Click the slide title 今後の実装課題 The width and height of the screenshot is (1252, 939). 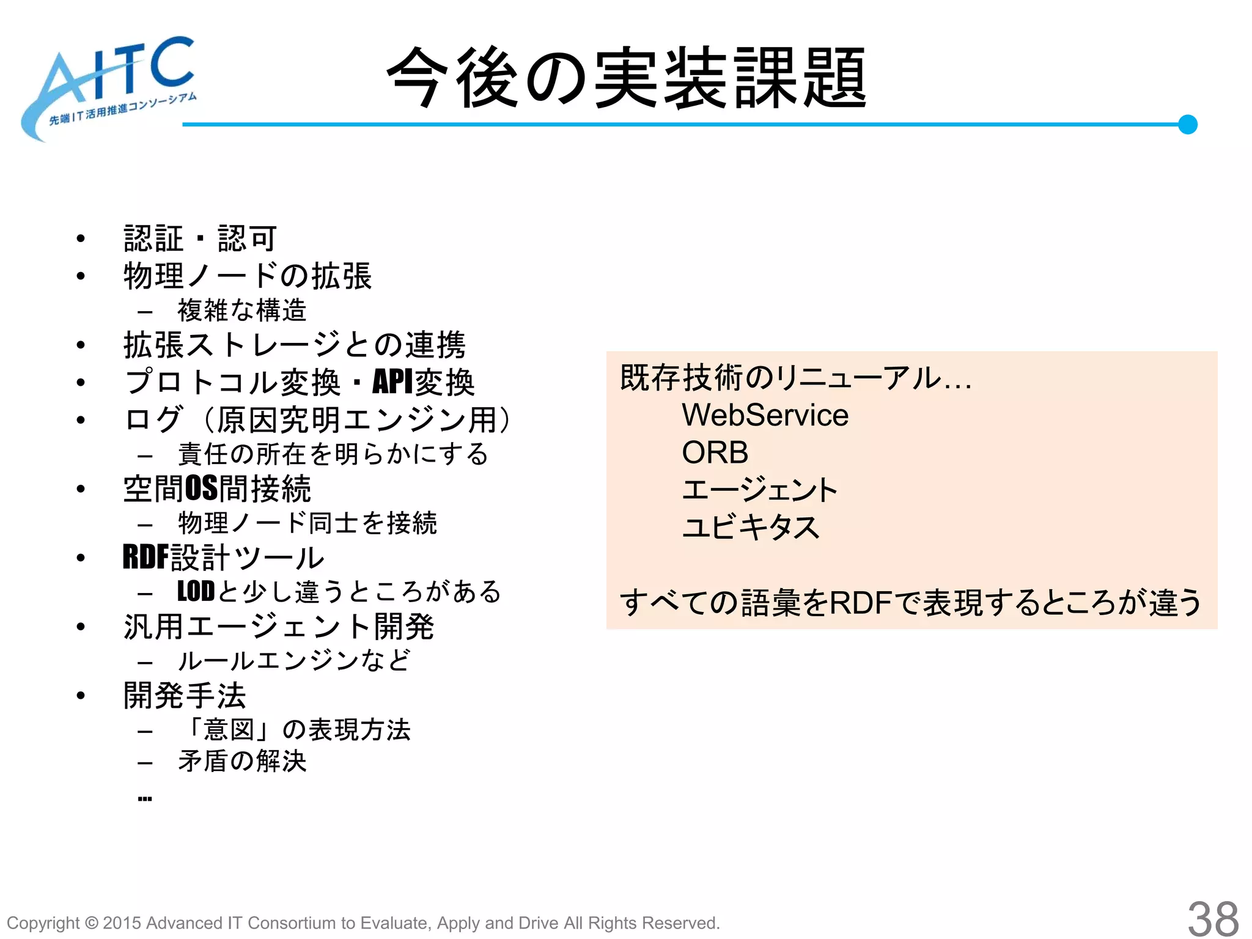tap(626, 78)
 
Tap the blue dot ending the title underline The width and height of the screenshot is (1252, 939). tap(1187, 125)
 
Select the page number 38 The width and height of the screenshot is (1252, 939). tap(1213, 918)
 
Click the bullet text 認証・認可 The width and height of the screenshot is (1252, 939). tap(200, 238)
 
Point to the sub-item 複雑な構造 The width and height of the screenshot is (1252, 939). tap(241, 311)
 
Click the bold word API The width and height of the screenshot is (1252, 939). tap(392, 383)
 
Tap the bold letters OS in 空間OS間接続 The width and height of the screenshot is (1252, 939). tap(201, 488)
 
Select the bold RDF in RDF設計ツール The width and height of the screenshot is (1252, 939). tap(145, 558)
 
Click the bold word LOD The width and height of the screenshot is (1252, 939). tap(196, 592)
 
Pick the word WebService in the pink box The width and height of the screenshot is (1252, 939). tap(765, 416)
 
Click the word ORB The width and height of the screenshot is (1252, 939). tap(715, 453)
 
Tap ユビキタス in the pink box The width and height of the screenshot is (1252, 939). tap(750, 527)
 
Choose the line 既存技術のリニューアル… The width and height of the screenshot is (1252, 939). tap(795, 378)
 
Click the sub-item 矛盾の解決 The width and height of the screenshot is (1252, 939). tap(242, 762)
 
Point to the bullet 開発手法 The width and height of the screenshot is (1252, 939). tap(185, 696)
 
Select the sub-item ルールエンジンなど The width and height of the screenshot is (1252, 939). tap(293, 661)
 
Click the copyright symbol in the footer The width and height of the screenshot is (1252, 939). tap(91, 923)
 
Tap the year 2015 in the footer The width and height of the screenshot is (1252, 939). tap(122, 923)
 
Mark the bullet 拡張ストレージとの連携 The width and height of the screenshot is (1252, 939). tap(294, 345)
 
